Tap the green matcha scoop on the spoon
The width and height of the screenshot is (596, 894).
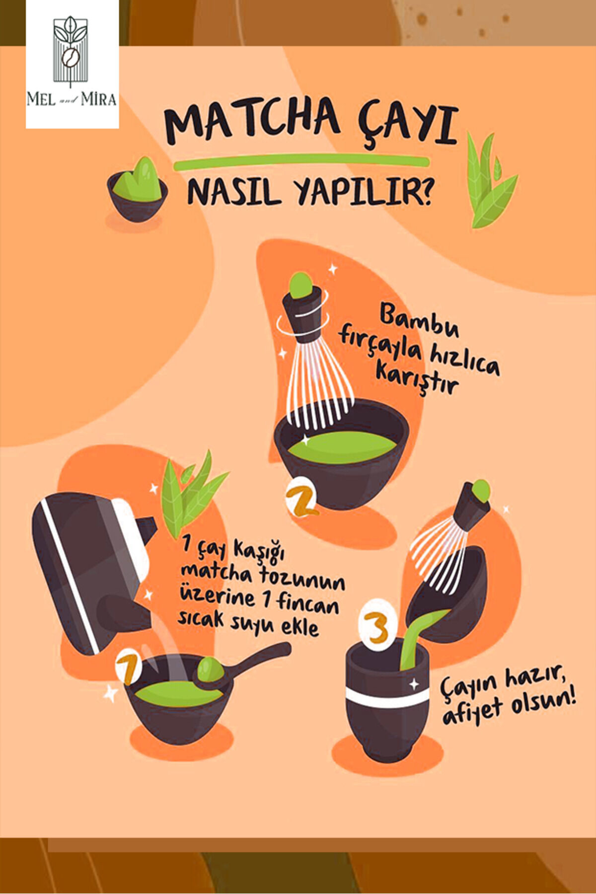tap(211, 669)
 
